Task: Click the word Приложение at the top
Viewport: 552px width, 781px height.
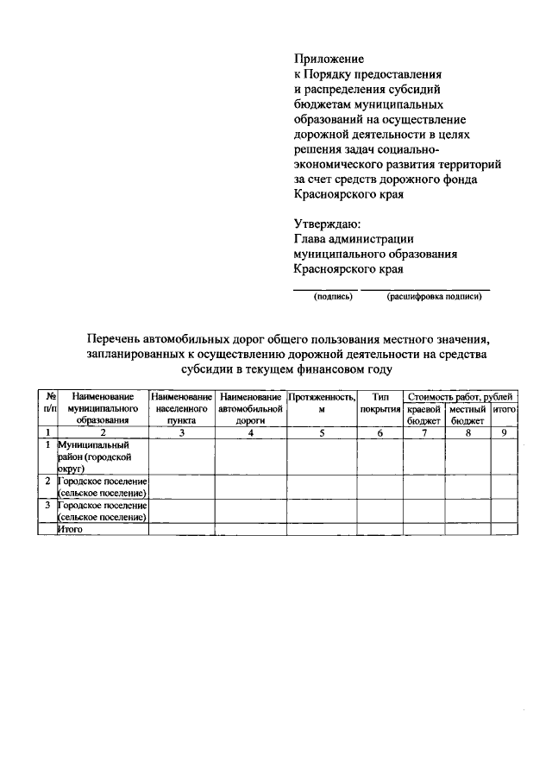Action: coord(329,60)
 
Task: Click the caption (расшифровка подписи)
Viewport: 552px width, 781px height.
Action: coord(434,297)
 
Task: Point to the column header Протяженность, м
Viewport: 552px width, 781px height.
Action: coord(321,401)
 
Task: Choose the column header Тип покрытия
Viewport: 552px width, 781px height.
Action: coord(379,401)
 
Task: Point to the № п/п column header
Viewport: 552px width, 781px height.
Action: coord(47,401)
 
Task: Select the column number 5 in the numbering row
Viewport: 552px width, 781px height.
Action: coord(321,432)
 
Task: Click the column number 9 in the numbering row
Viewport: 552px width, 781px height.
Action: coord(504,432)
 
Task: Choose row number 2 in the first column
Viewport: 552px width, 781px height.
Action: coord(47,480)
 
